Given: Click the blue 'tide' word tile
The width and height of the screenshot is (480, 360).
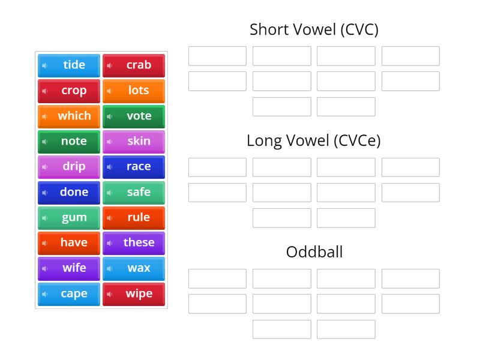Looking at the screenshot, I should click(x=69, y=65).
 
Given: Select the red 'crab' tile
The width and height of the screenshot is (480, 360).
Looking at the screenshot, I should click(x=134, y=65).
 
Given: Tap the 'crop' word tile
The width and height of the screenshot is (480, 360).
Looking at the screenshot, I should click(x=69, y=91).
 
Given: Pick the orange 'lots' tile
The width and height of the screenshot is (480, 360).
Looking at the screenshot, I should click(x=134, y=91).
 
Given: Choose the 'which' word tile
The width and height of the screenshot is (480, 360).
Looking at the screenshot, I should click(x=69, y=116).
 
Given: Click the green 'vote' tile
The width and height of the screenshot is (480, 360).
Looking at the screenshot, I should click(x=134, y=116).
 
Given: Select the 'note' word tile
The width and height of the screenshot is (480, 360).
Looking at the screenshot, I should click(x=69, y=141).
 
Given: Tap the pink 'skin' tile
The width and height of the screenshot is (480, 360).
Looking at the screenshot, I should click(x=134, y=141).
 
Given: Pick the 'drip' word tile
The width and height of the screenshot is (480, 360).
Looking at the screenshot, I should click(x=69, y=166).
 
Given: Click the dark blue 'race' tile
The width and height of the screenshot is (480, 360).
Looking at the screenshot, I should click(x=134, y=166).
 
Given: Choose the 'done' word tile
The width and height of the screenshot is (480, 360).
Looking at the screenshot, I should click(x=69, y=192).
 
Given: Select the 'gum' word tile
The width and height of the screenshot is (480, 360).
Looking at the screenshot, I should click(x=69, y=217).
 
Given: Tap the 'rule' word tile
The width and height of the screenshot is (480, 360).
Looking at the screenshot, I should click(x=134, y=217).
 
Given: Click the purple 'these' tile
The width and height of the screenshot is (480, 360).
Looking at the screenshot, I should click(x=134, y=242).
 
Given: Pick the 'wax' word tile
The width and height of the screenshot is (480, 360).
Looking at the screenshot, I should click(x=134, y=268).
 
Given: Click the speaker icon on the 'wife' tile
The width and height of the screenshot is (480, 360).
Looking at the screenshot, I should click(x=45, y=268).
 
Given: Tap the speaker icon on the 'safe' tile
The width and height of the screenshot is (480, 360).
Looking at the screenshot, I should click(x=109, y=193).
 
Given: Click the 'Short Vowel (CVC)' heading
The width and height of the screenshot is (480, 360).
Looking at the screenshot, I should click(x=314, y=29).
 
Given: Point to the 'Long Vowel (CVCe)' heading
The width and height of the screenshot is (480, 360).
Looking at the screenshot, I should click(x=314, y=140).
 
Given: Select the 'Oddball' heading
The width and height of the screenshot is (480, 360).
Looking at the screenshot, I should click(x=314, y=251).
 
